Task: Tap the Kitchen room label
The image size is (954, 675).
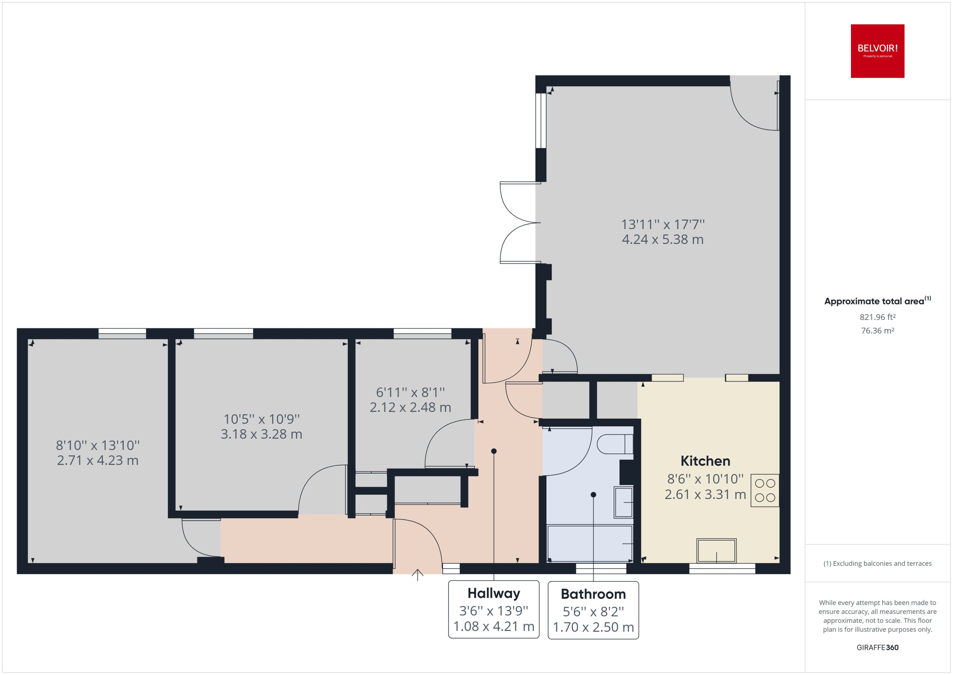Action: [705, 461]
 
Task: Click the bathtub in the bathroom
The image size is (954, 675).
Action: [590, 543]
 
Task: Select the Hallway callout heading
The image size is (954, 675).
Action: [493, 593]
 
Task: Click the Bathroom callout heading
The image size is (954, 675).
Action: [593, 594]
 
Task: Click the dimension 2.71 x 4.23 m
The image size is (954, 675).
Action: [97, 460]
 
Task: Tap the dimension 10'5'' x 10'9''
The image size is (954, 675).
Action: [261, 419]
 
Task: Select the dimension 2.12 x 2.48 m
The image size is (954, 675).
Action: [410, 407]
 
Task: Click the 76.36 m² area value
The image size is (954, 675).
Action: [877, 331]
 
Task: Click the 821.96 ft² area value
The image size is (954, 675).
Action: [877, 317]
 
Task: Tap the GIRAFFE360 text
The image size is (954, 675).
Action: [877, 647]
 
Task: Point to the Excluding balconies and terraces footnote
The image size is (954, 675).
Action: [877, 563]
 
